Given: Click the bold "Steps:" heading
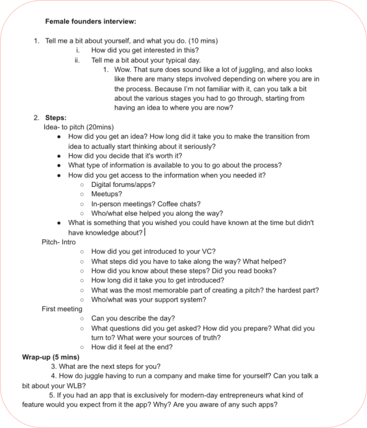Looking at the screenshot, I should pyautogui.click(x=56, y=117).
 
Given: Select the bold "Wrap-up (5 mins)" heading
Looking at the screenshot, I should pyautogui.click(x=51, y=357).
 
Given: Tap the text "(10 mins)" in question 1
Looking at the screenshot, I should pyautogui.click(x=201, y=41).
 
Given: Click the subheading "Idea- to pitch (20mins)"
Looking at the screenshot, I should pyautogui.click(x=79, y=127).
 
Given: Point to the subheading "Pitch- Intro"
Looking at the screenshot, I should pyautogui.click(x=58, y=242).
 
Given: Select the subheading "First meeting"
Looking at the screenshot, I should pyautogui.click(x=61, y=309).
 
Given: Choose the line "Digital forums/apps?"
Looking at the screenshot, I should pyautogui.click(x=123, y=184).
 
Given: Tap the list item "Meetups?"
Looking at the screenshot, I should pyautogui.click(x=107, y=194).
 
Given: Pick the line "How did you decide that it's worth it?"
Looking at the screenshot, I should pyautogui.click(x=134, y=156).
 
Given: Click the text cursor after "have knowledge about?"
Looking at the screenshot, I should pyautogui.click(x=145, y=232).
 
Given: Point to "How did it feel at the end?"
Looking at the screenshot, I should pyautogui.click(x=132, y=347).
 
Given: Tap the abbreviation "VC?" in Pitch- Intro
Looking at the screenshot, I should pyautogui.click(x=207, y=252).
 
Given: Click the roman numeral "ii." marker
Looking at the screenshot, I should pyautogui.click(x=78, y=60).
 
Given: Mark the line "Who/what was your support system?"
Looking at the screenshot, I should pyautogui.click(x=148, y=299).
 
